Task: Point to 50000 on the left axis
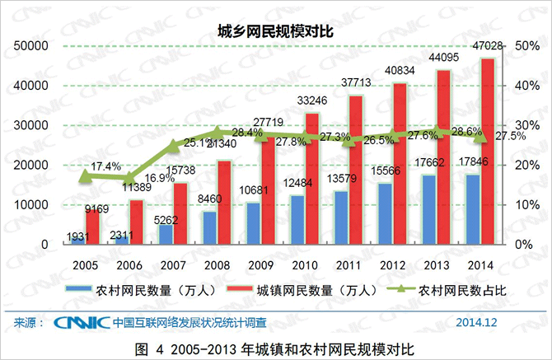point(32,46)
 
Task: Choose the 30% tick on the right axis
point(525,125)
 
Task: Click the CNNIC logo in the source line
point(80,321)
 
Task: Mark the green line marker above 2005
point(85,175)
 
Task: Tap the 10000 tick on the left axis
point(32,205)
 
